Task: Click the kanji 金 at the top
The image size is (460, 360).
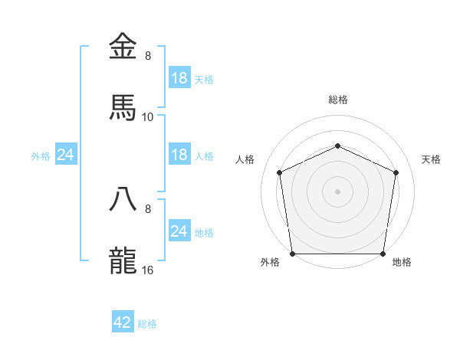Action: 123,46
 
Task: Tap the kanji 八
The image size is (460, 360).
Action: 123,198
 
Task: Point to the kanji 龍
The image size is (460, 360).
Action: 123,260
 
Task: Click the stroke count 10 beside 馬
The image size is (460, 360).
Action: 148,116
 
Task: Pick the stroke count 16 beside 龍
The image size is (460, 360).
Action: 148,270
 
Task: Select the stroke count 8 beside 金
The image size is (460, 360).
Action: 148,56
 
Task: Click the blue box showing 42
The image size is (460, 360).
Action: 123,322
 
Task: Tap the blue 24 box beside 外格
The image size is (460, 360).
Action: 66,155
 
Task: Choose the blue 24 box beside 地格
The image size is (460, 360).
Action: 179,231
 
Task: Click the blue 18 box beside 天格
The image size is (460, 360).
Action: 179,78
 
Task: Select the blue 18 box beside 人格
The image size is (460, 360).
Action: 179,155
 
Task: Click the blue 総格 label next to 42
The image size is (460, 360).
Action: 147,324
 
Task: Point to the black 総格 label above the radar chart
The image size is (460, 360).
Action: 337,100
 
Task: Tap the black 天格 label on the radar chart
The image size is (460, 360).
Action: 431,159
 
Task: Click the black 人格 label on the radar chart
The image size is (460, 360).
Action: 245,159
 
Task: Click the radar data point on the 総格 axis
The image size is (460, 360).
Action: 337,145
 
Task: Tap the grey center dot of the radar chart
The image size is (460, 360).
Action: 337,191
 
